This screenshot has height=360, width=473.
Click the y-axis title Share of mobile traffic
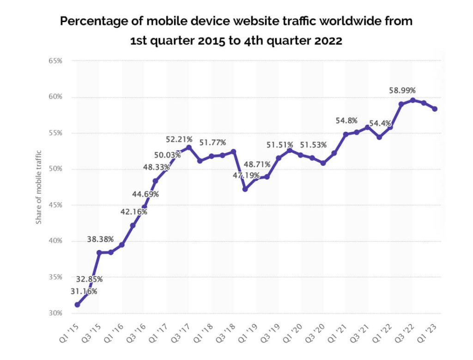point(39,187)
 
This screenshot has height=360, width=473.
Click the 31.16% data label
point(84,291)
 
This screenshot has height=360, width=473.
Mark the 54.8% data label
point(346,121)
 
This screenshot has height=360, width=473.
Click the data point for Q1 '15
point(77,305)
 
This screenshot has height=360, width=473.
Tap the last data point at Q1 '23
point(435,109)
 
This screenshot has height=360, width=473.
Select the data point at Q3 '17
point(188,147)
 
